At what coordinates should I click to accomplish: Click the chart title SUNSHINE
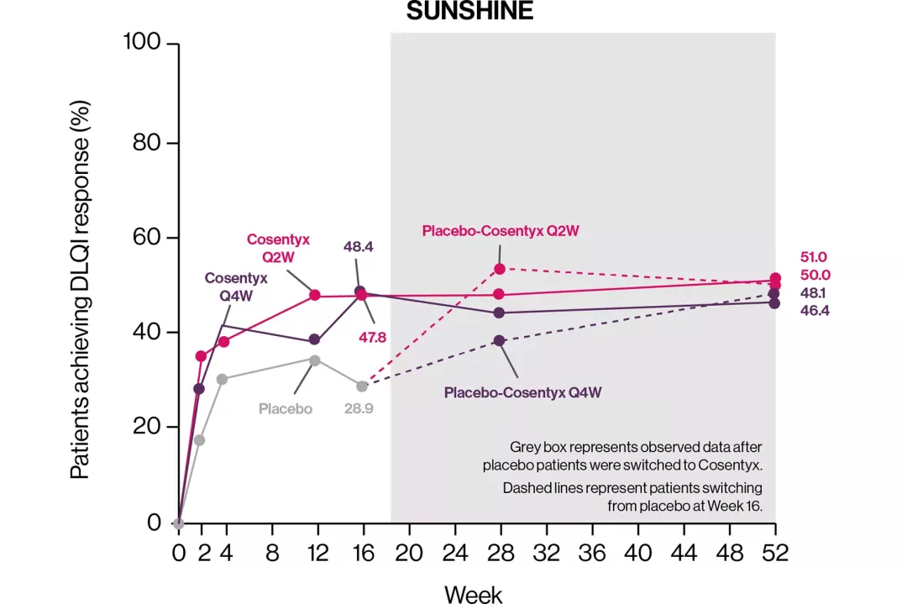pyautogui.click(x=469, y=12)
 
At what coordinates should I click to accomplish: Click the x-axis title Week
pyautogui.click(x=473, y=594)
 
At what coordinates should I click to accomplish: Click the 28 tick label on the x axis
pyautogui.click(x=500, y=553)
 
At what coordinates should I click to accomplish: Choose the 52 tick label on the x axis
pyautogui.click(x=774, y=553)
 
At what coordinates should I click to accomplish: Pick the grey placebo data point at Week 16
pyautogui.click(x=362, y=386)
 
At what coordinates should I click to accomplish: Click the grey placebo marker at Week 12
pyautogui.click(x=315, y=360)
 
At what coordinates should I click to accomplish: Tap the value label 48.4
pyautogui.click(x=359, y=247)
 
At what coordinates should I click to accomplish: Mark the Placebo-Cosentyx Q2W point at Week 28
pyautogui.click(x=500, y=269)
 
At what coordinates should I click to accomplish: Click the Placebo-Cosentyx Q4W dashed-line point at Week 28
pyautogui.click(x=500, y=340)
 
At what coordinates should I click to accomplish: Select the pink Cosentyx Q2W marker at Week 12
pyautogui.click(x=315, y=295)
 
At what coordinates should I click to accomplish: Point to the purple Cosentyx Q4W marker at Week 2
pyautogui.click(x=199, y=388)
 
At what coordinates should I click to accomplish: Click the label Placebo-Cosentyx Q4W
pyautogui.click(x=522, y=392)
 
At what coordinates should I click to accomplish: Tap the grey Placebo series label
pyautogui.click(x=286, y=409)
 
